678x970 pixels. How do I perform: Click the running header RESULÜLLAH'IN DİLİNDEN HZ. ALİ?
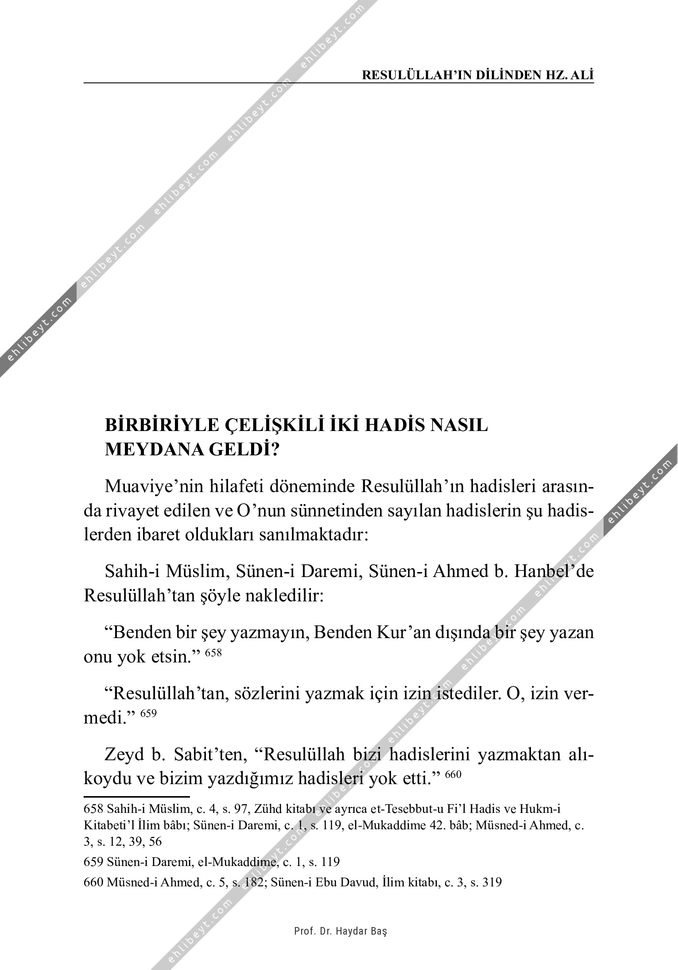click(477, 75)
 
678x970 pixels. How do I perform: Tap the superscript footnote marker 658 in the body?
click(213, 653)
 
